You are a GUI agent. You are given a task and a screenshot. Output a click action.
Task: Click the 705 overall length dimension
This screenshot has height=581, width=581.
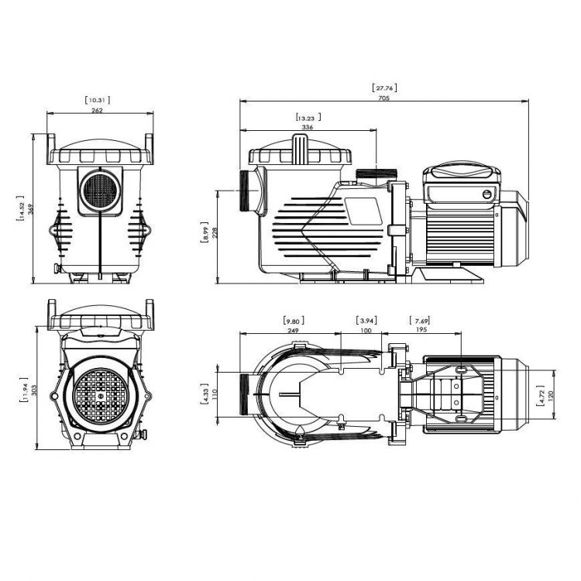(x=384, y=98)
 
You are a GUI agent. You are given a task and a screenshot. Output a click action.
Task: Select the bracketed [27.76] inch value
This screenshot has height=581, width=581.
(x=384, y=88)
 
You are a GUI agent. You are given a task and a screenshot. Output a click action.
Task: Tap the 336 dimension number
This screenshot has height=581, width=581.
(x=308, y=127)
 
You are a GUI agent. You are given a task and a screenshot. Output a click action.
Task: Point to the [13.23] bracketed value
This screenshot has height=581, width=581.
(x=308, y=117)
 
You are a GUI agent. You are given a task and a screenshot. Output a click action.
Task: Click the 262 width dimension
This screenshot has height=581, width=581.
(x=97, y=110)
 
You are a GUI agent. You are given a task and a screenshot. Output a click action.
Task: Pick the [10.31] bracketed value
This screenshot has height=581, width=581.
(x=97, y=100)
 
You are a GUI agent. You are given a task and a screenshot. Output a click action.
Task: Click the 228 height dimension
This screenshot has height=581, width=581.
(x=215, y=233)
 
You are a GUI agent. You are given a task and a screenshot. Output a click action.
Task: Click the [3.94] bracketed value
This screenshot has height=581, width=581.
(x=366, y=320)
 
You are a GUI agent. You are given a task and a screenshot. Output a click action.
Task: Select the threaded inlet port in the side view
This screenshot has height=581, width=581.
(x=249, y=189)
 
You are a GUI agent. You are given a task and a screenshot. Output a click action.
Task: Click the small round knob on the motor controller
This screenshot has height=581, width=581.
(x=486, y=193)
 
